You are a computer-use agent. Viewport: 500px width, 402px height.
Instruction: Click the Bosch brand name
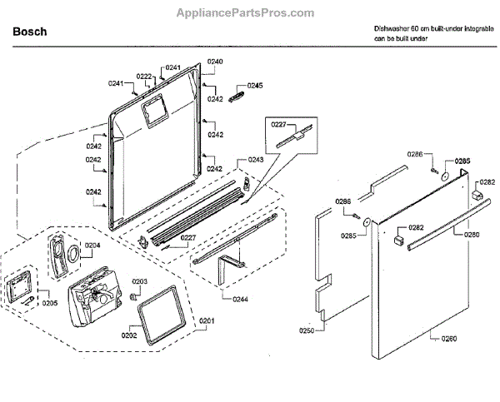30,32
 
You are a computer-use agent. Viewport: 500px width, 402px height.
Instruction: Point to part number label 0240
215,62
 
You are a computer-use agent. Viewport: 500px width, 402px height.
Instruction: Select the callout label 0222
144,76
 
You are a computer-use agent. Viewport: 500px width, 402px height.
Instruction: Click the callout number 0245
253,86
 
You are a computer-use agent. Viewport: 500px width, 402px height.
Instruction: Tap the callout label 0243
256,159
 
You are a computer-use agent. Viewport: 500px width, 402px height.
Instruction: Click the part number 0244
239,299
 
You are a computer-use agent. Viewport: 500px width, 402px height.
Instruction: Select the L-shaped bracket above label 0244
227,268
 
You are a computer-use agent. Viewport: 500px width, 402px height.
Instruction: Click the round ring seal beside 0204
72,252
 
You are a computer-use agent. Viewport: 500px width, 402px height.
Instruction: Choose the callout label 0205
50,302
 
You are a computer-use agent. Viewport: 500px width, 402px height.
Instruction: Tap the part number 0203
139,281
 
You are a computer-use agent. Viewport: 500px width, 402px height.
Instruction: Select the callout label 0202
129,335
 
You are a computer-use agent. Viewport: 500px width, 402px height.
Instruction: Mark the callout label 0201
205,320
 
